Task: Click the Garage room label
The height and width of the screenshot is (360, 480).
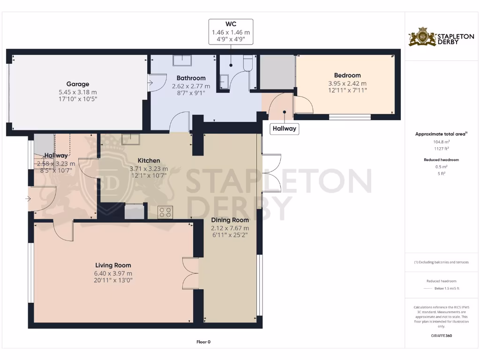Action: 78,84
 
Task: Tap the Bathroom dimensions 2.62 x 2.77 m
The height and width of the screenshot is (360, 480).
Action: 191,86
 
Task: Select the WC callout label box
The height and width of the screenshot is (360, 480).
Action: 231,32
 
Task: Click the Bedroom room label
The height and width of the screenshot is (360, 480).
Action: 347,75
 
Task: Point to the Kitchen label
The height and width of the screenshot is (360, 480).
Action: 149,161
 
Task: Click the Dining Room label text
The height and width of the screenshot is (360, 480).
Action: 230,220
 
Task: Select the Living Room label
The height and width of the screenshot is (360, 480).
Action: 113,265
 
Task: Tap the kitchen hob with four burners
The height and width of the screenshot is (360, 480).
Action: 165,212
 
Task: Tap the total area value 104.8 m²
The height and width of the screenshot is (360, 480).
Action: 441,141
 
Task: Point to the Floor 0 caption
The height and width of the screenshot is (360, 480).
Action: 203,342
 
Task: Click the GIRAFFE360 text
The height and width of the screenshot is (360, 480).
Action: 441,336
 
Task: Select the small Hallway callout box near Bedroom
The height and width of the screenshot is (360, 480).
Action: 285,128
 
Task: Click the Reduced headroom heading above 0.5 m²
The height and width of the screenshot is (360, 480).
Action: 441,160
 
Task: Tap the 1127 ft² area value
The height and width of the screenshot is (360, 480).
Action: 441,148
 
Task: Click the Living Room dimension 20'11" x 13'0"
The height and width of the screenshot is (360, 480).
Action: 113,280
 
